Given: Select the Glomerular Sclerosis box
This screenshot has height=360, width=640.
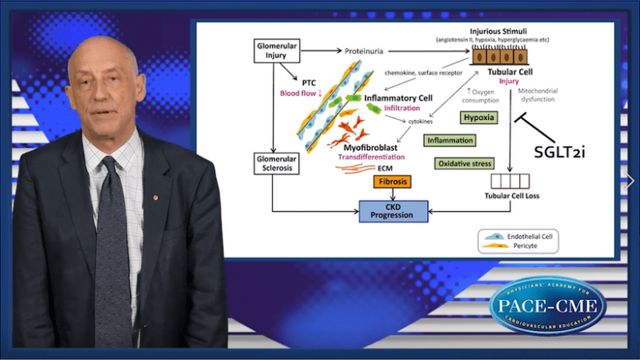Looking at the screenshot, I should pyautogui.click(x=274, y=163).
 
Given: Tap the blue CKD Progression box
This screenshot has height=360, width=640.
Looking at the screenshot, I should pyautogui.click(x=393, y=211).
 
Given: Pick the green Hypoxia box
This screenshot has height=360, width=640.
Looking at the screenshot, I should pyautogui.click(x=479, y=117).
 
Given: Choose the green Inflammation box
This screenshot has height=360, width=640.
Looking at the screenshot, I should pyautogui.click(x=450, y=140).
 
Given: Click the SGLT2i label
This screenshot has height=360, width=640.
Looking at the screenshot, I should pyautogui.click(x=559, y=151).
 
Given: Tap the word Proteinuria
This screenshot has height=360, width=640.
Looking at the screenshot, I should pyautogui.click(x=364, y=51).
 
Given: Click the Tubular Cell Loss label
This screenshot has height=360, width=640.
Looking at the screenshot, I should pyautogui.click(x=512, y=196).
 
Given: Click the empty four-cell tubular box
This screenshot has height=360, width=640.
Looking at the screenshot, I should pyautogui.click(x=510, y=181).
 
